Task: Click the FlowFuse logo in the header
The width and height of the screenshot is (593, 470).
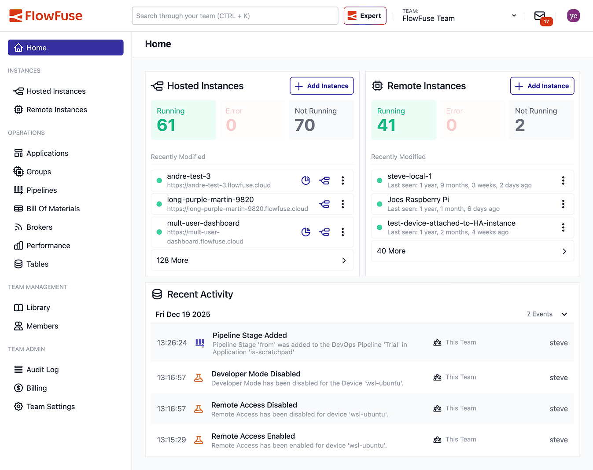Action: [x=46, y=16]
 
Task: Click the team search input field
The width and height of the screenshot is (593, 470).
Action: [x=235, y=16]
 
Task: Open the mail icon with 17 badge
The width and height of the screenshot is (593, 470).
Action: [x=540, y=16]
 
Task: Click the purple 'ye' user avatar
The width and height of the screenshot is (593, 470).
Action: [x=573, y=16]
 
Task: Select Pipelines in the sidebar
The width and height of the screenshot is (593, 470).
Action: [x=41, y=190]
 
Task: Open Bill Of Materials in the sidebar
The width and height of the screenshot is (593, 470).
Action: [x=53, y=209]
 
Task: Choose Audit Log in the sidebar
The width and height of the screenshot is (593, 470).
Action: [x=42, y=370]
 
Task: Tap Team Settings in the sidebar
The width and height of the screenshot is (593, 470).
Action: [x=50, y=407]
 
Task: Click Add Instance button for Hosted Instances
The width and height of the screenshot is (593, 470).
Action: [x=321, y=86]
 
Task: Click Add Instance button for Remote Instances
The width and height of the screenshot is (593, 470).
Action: [x=542, y=86]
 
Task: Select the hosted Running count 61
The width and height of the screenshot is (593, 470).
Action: [x=166, y=125]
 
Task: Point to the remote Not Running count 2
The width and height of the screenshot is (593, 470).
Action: [x=520, y=125]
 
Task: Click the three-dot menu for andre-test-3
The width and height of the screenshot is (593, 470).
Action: [x=343, y=180]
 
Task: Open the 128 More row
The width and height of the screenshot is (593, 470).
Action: [x=252, y=261]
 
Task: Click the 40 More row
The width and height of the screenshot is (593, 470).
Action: [x=472, y=251]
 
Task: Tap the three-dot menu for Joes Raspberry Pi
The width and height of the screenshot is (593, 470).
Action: [x=563, y=204]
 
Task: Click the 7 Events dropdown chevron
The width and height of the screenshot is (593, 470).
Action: [x=564, y=314]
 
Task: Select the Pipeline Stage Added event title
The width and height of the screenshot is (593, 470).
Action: [x=250, y=335]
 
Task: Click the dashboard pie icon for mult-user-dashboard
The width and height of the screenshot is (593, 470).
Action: [x=306, y=232]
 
